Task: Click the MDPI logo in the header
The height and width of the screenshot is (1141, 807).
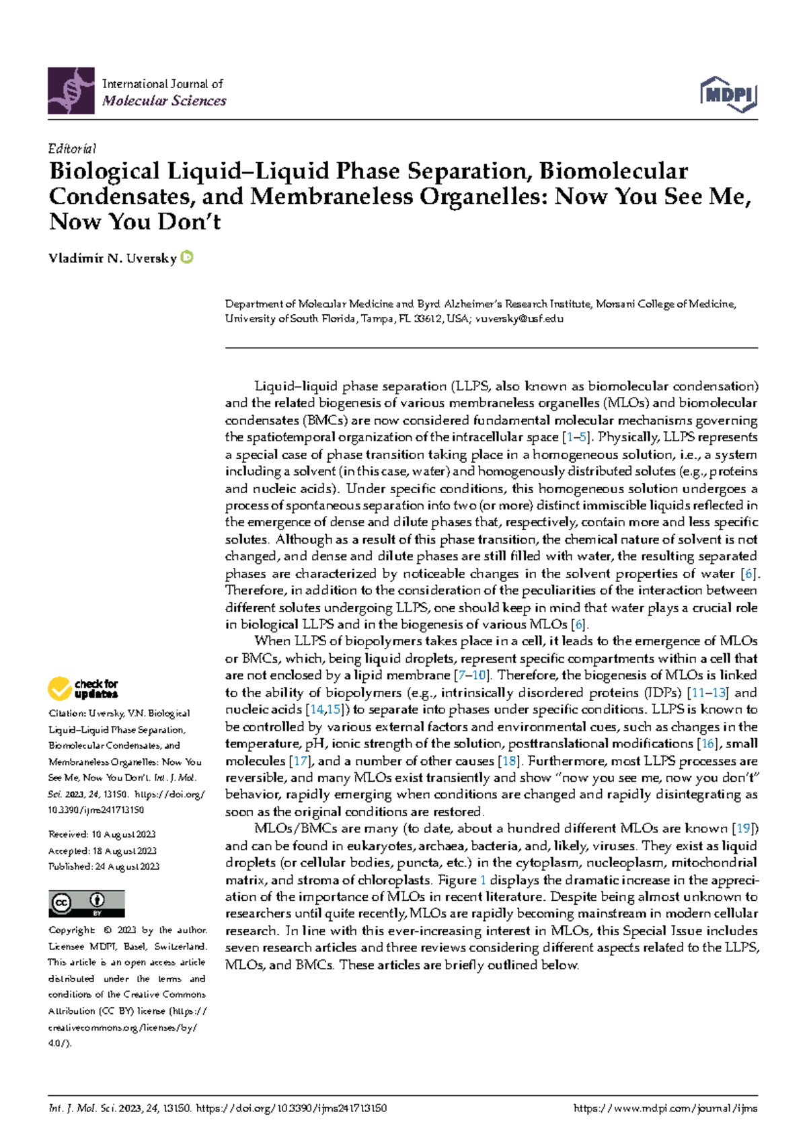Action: click(729, 94)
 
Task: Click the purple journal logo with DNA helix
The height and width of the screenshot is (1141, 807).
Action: click(71, 91)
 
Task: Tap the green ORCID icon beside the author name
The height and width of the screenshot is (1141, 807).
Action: click(188, 257)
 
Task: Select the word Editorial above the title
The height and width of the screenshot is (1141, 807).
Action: click(72, 149)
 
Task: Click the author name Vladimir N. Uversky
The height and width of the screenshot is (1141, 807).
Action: click(112, 258)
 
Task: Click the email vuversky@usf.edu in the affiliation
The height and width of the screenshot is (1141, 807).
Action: click(519, 319)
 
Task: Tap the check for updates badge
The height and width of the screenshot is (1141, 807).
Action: click(83, 688)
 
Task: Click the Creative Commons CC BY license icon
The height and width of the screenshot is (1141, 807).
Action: click(86, 904)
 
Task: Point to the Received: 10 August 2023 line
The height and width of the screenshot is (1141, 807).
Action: click(102, 834)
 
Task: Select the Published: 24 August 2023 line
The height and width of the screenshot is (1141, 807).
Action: click(104, 867)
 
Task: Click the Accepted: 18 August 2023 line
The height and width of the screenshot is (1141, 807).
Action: click(102, 850)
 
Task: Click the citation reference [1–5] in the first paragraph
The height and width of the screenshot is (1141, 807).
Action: click(577, 437)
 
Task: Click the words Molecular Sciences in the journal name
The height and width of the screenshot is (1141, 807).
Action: click(164, 101)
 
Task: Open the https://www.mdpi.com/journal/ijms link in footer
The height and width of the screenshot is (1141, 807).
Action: click(665, 1108)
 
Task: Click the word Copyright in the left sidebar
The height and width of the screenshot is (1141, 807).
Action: click(72, 930)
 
